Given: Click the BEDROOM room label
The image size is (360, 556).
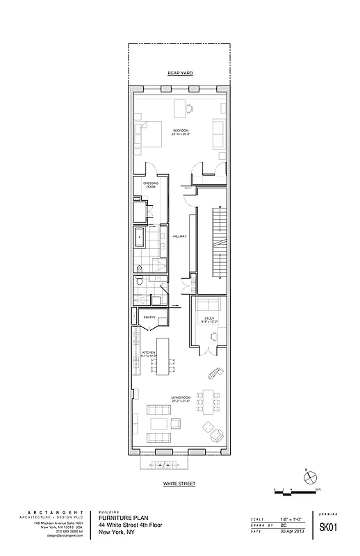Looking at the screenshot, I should pos(181,132).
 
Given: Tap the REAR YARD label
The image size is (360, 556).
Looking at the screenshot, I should pos(180,72).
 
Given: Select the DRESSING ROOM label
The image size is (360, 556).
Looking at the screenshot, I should pos(150,186).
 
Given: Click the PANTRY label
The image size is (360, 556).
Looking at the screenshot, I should pos(149,318).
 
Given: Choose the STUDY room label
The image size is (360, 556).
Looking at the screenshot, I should pos(209,319).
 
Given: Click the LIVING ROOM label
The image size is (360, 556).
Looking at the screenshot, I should pos(181,399).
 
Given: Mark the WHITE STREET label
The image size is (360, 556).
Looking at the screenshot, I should pos(180,482).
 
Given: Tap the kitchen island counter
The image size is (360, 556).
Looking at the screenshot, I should pos(164,356).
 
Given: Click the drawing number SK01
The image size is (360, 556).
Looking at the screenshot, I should pos(328,528).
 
